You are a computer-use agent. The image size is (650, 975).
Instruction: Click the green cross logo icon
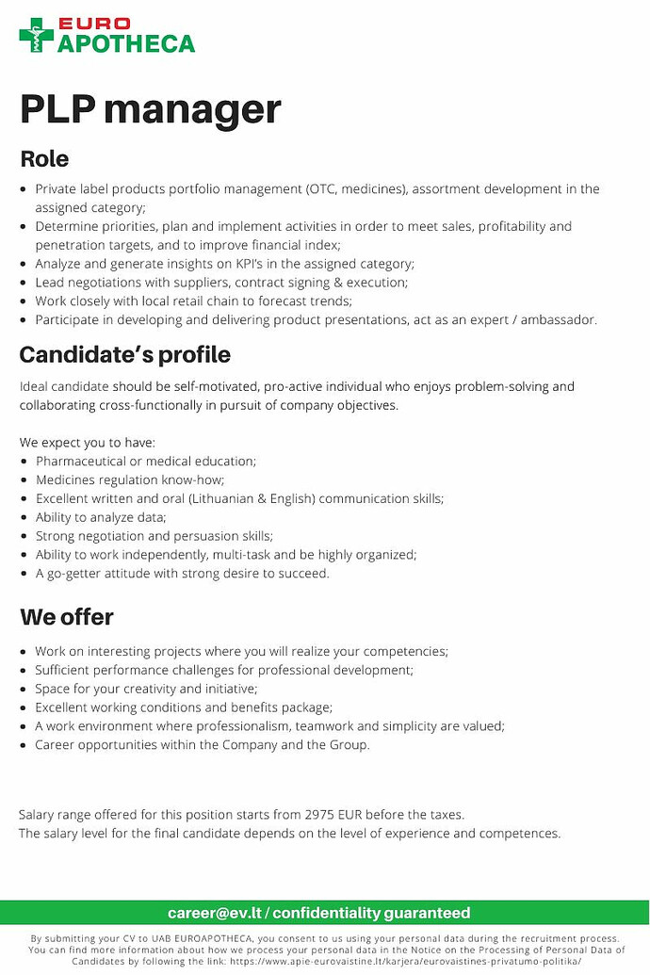coord(37,35)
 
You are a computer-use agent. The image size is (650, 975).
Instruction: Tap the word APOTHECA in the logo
coord(126,43)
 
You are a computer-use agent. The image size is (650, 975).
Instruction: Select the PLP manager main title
coord(151,109)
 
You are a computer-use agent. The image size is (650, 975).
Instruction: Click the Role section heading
coord(44,158)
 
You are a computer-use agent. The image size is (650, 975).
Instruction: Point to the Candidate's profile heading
coord(125,355)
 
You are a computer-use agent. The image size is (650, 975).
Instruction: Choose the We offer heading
coord(67,617)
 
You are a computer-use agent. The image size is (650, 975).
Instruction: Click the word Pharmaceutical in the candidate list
coord(79,462)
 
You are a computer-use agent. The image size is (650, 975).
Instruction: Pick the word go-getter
coord(80,574)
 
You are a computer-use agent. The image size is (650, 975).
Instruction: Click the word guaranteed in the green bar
coord(424,913)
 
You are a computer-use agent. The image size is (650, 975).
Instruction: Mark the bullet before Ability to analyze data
coord(24,517)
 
